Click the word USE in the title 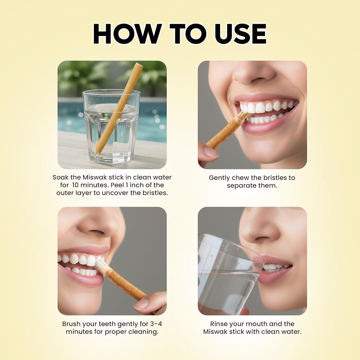(240, 33)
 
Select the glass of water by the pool (111, 126)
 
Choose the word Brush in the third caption (71, 324)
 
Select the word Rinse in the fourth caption (218, 324)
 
